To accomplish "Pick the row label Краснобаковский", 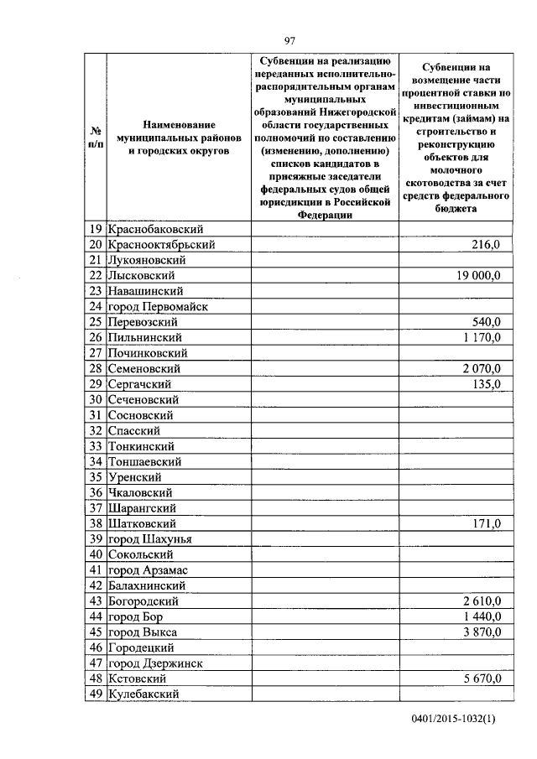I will tap(156, 229).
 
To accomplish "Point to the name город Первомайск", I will tap(158, 307).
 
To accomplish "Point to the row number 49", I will tap(95, 694).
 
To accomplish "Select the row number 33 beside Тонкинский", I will tap(95, 446).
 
